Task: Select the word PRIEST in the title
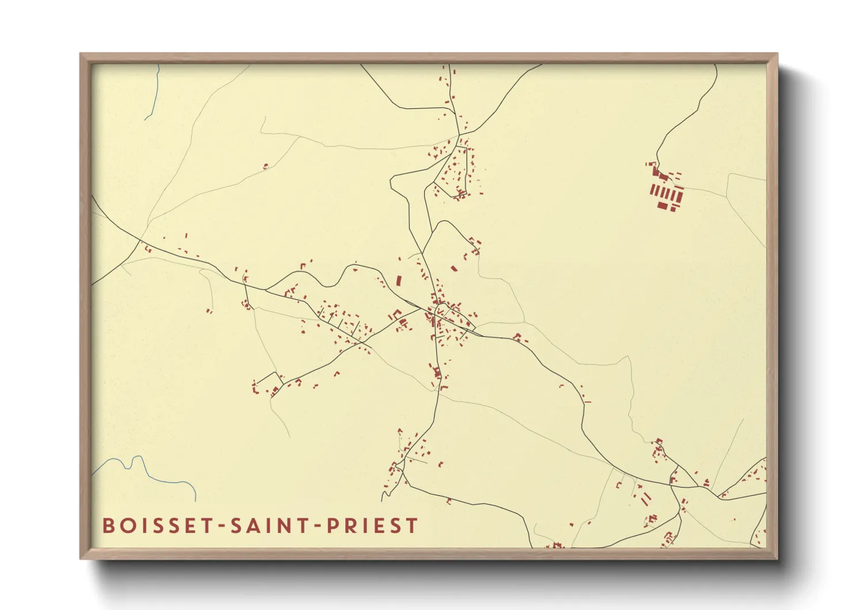[372, 525]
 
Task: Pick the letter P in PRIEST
[333, 525]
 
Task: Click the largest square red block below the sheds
[663, 205]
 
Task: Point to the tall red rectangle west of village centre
[398, 281]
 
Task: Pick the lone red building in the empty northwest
[266, 166]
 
